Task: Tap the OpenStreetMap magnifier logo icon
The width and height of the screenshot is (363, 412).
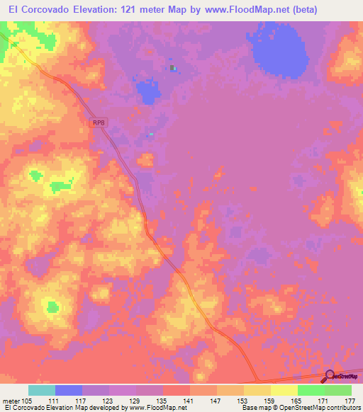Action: [331, 377]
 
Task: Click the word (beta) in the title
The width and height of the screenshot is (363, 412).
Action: [299, 9]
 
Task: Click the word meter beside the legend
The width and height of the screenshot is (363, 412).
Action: [11, 401]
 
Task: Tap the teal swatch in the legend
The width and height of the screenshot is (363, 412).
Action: [42, 390]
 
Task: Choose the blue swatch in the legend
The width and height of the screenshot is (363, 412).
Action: [69, 390]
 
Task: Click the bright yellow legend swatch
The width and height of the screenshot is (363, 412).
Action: [284, 390]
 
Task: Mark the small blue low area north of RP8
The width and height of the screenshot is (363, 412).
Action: [147, 92]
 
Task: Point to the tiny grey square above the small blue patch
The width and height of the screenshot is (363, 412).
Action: [172, 68]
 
